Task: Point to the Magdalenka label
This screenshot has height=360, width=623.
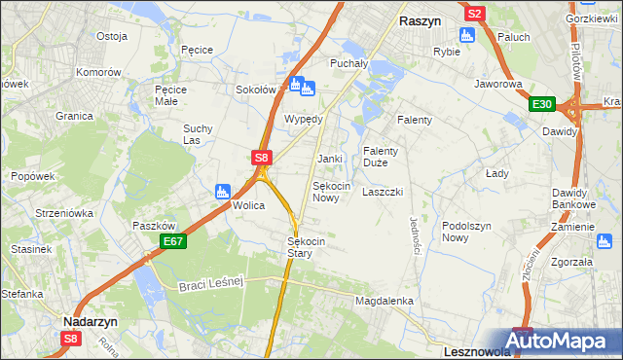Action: [385, 302]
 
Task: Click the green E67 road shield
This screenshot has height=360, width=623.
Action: [173, 240]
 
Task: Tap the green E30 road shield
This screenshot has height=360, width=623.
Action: [542, 105]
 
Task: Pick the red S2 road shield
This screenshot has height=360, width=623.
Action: [474, 14]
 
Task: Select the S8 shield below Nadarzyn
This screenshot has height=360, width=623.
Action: [70, 339]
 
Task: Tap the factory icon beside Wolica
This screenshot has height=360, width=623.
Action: [222, 191]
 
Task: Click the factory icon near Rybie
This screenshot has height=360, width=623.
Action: [466, 35]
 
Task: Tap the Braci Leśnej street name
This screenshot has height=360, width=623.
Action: [210, 285]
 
